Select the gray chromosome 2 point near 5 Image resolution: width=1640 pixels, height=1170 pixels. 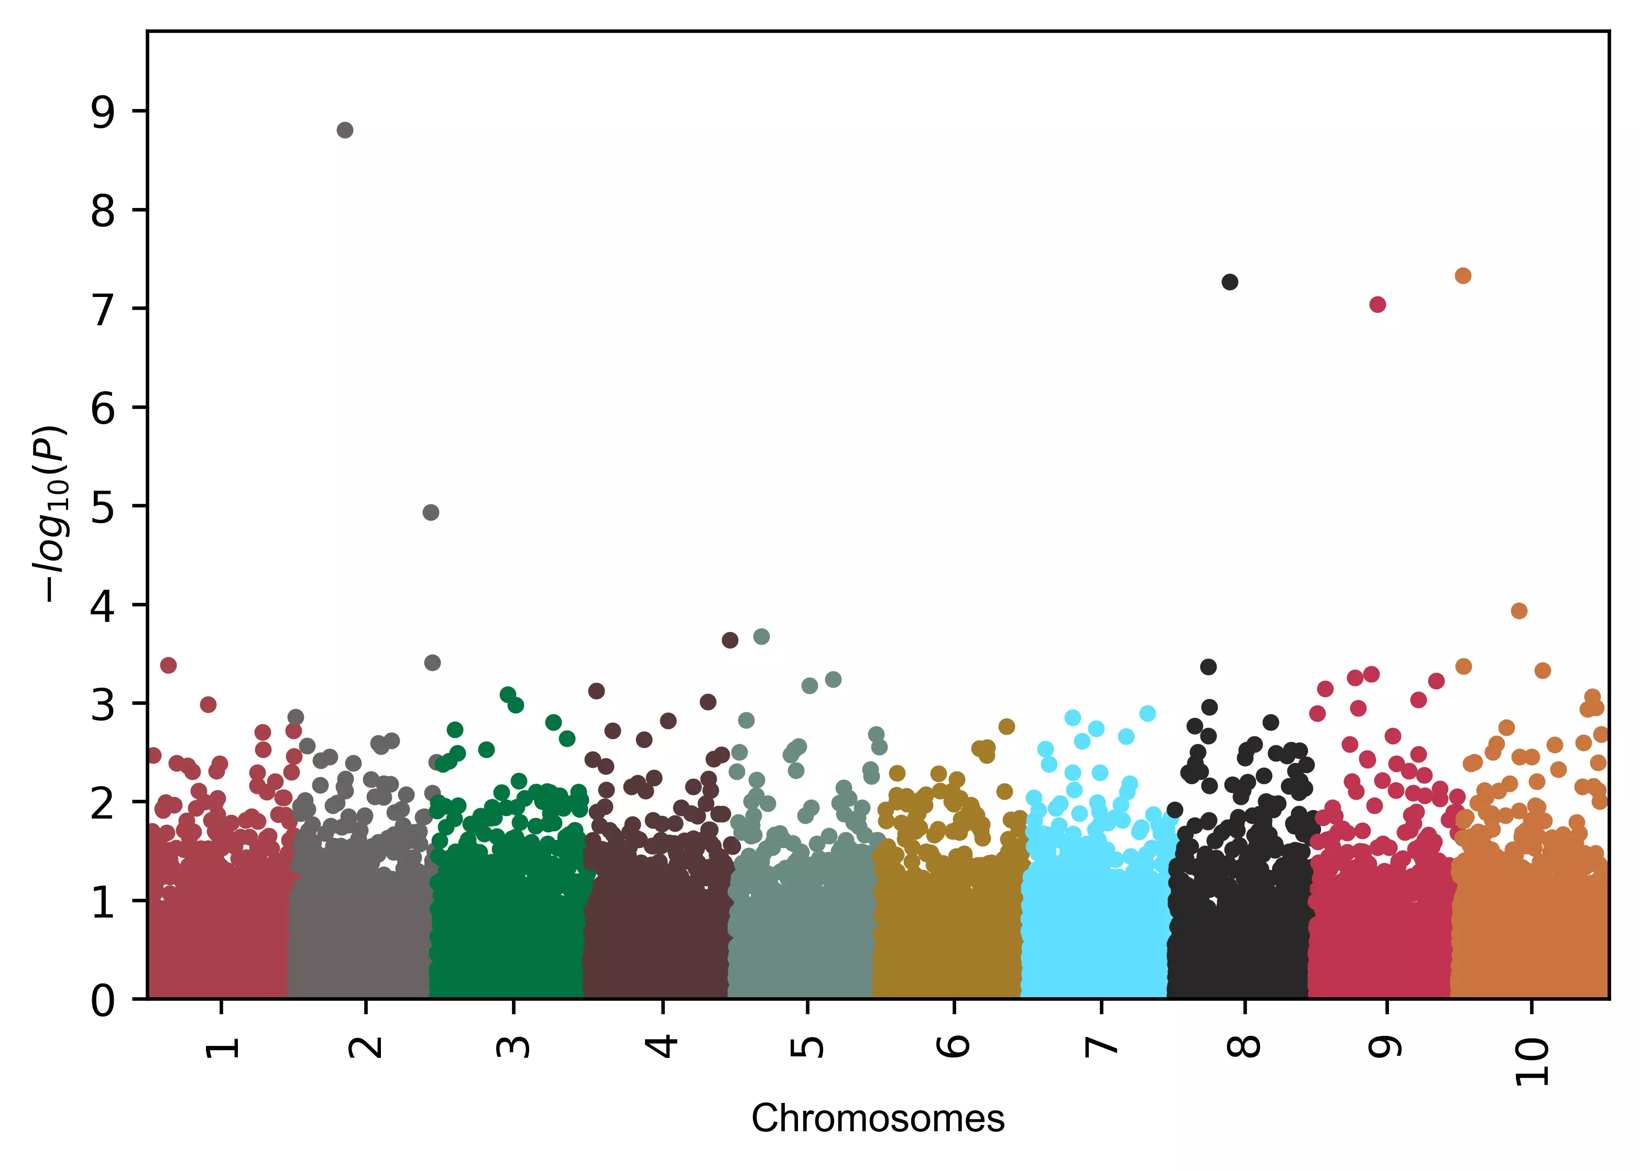tap(431, 512)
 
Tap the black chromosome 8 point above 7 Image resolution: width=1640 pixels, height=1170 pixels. tap(1230, 282)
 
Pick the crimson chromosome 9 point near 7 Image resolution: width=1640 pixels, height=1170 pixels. tap(1377, 305)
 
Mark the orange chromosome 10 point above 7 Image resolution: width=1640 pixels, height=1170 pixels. tap(1463, 276)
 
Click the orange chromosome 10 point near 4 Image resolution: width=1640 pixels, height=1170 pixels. tap(1519, 611)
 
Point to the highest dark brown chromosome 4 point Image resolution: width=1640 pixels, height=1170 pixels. tap(730, 641)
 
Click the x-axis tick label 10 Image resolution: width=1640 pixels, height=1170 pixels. tap(1531, 1061)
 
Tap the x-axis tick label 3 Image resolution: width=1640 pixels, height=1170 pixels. tap(513, 1046)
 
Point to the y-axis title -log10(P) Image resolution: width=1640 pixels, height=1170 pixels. tap(52, 513)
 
